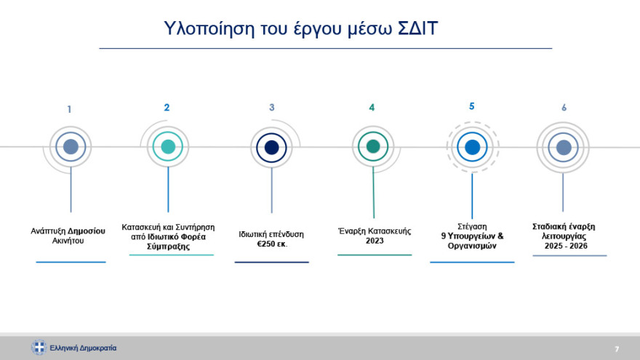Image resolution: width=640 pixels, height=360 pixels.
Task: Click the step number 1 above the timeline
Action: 69,110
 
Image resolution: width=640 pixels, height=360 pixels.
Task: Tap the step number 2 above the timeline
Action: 167,108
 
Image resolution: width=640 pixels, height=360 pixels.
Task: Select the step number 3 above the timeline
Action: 271,108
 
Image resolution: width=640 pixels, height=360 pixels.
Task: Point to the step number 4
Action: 372,108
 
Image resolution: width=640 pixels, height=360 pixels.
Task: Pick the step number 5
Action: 471,106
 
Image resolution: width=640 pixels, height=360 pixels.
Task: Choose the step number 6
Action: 564,108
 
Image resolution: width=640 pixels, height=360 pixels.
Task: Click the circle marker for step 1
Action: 71,147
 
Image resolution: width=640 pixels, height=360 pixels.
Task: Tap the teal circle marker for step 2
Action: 168,147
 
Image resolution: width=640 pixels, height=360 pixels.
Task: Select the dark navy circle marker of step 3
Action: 272,148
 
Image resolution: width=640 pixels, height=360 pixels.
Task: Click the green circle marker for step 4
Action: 373,147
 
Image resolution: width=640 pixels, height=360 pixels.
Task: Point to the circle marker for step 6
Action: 564,148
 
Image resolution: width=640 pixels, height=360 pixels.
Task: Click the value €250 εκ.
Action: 272,244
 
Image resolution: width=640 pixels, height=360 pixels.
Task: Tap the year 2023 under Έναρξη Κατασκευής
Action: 375,241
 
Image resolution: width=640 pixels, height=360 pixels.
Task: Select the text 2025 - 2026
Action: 566,247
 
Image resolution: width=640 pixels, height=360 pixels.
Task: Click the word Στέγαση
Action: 472,226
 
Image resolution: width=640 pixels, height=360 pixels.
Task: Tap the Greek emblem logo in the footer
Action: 39,348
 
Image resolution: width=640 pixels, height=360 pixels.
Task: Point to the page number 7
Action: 617,348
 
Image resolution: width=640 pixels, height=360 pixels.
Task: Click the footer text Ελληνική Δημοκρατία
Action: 83,348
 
